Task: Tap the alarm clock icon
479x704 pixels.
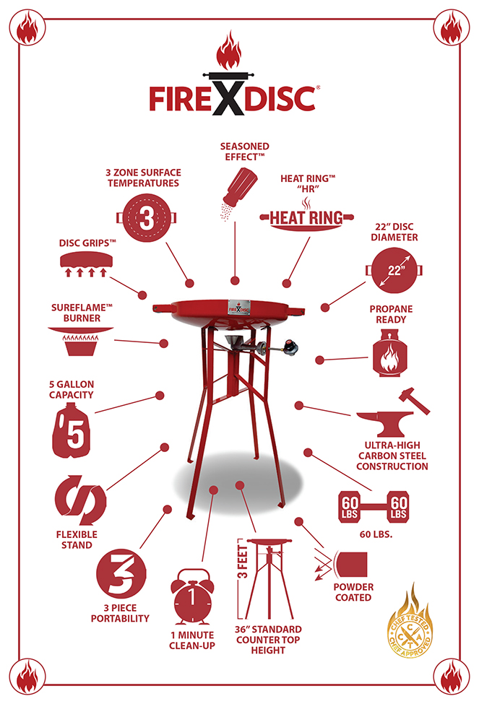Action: [192, 596]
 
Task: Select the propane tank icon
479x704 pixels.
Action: [389, 352]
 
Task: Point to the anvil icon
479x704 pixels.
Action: [384, 423]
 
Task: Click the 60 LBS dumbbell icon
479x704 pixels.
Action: [374, 508]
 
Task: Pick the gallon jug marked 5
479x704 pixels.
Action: [72, 431]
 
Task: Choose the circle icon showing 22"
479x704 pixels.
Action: [394, 270]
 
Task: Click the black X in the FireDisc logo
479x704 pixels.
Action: [229, 95]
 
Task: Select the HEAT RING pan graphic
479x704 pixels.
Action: [307, 219]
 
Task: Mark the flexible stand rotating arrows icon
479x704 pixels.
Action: [80, 500]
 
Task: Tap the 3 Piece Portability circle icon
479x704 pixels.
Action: [121, 574]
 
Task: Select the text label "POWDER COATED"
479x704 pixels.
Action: [353, 592]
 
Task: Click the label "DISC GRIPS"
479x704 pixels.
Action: [87, 243]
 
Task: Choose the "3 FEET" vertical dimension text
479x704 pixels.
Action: [243, 561]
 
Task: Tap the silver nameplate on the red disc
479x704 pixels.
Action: [238, 308]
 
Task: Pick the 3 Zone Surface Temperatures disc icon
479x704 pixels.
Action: [147, 218]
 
